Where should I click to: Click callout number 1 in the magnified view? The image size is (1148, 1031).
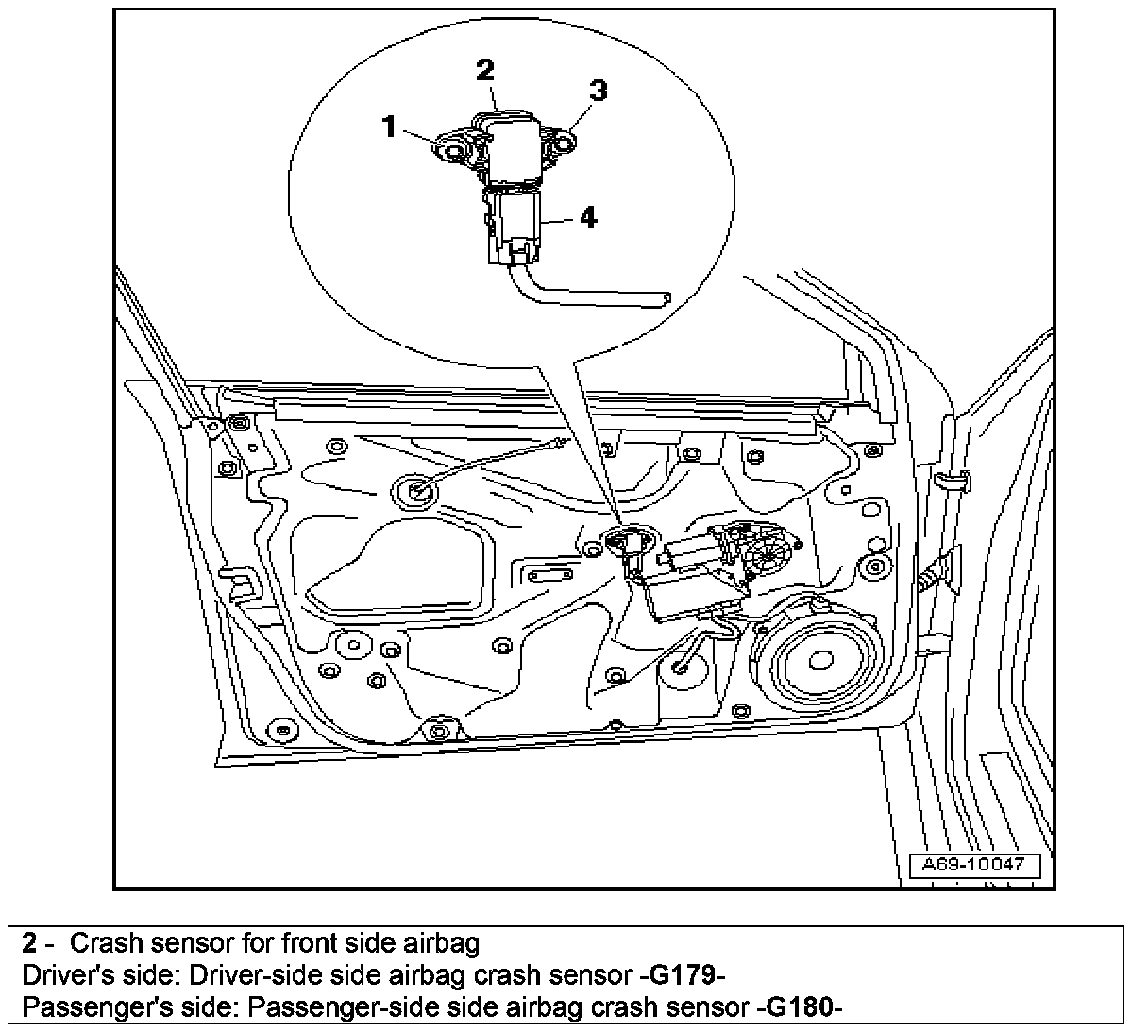pyautogui.click(x=389, y=126)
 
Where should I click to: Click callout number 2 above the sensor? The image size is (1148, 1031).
pyautogui.click(x=485, y=69)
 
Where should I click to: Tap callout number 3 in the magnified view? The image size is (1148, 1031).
pyautogui.click(x=598, y=91)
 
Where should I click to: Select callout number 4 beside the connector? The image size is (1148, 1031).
pyautogui.click(x=588, y=217)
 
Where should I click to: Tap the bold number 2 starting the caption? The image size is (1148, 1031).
pyautogui.click(x=31, y=943)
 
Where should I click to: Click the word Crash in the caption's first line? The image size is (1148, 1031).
pyautogui.click(x=100, y=943)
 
